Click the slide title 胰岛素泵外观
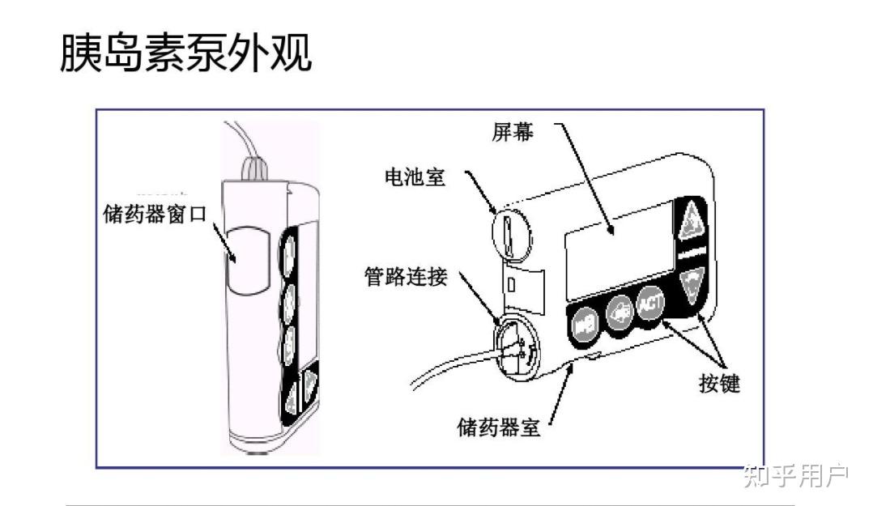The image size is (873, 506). tap(185, 53)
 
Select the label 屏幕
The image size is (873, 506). tap(513, 132)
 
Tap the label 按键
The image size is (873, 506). tap(719, 384)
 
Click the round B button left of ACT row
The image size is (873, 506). tap(584, 325)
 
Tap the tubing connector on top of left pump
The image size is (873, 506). tap(255, 170)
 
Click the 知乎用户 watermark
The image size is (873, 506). tap(795, 476)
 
